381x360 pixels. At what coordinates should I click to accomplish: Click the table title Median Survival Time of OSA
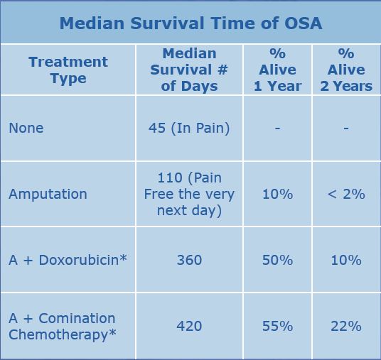[190, 23]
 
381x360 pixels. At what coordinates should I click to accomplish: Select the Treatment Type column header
[68, 70]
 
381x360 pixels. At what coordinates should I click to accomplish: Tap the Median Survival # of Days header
[189, 70]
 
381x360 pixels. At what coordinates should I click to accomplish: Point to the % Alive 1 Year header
[277, 70]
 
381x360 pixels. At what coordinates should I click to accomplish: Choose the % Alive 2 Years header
[346, 70]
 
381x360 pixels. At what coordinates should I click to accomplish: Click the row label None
[26, 128]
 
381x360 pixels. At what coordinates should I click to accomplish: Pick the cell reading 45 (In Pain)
[189, 129]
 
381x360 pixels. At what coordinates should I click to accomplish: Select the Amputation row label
[48, 194]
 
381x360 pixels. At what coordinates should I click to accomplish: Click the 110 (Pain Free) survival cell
[189, 194]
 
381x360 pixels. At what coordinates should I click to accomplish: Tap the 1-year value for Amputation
[277, 194]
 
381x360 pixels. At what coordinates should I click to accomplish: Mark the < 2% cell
[346, 194]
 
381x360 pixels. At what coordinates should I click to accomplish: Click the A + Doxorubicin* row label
[68, 260]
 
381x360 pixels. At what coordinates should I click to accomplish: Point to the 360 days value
[189, 260]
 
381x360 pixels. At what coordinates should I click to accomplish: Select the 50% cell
[277, 260]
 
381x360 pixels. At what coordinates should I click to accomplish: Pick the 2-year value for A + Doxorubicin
[346, 260]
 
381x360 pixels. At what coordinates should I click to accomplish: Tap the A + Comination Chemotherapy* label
[63, 327]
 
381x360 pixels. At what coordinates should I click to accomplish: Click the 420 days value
[189, 326]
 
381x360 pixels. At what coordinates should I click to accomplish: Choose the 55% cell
[277, 326]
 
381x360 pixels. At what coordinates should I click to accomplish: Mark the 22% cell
[346, 326]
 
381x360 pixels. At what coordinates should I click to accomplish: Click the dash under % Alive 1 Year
[277, 128]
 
